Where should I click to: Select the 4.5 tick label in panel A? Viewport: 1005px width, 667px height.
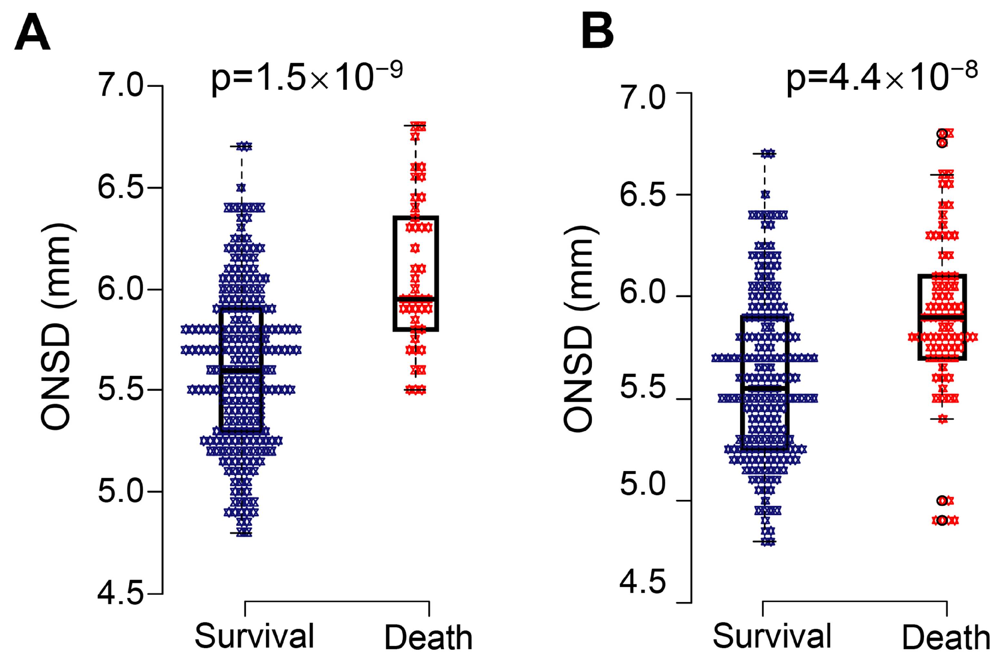click(x=121, y=594)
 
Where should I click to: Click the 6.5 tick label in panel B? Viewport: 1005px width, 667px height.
click(x=642, y=195)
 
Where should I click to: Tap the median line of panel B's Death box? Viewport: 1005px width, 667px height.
click(x=942, y=317)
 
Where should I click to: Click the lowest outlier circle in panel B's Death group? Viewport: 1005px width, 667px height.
click(x=942, y=520)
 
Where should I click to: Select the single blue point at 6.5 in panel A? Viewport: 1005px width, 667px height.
click(x=241, y=187)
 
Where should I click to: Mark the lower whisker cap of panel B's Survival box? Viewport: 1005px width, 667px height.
click(x=765, y=541)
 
